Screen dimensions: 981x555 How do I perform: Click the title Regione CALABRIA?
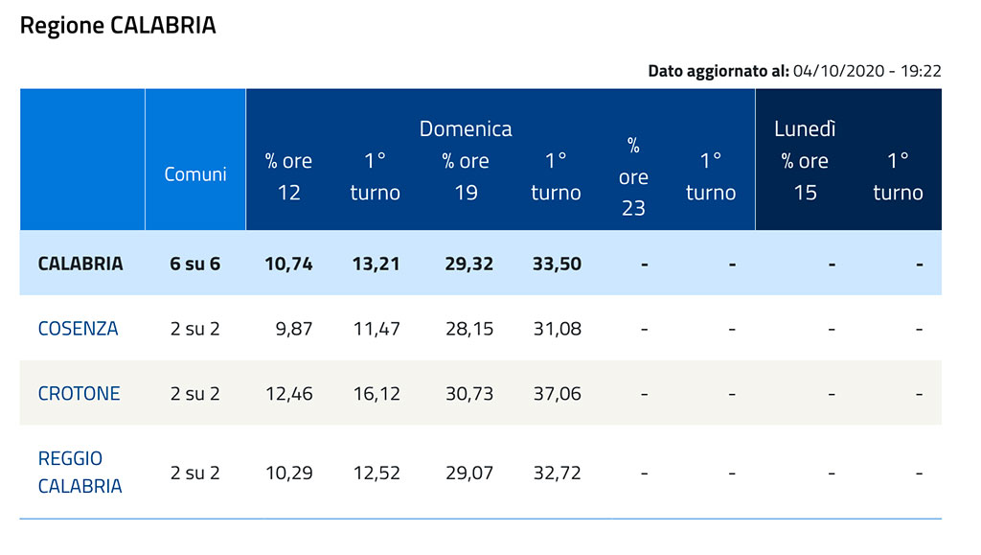click(x=118, y=26)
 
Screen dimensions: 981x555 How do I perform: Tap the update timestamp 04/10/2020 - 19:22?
click(x=866, y=71)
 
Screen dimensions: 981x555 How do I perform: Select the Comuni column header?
click(x=195, y=173)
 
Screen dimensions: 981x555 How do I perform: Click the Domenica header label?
click(x=466, y=128)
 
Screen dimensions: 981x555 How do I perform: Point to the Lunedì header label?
click(x=805, y=128)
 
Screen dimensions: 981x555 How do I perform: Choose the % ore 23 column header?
click(x=633, y=176)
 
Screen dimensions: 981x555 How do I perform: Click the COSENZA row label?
click(x=79, y=329)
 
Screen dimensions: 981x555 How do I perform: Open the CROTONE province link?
click(x=79, y=394)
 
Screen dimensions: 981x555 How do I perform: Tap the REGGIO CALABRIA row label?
click(x=80, y=472)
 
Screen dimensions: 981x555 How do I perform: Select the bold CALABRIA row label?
click(x=80, y=264)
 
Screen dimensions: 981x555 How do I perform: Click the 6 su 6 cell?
click(x=195, y=264)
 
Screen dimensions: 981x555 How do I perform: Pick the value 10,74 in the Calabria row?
click(x=288, y=264)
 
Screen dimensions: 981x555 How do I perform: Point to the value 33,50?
click(x=557, y=264)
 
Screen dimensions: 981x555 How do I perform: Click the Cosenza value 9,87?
click(x=294, y=329)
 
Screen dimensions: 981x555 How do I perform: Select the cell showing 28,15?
click(x=469, y=329)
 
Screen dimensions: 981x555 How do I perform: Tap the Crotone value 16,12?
click(x=376, y=394)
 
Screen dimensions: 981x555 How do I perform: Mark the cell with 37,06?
click(x=557, y=394)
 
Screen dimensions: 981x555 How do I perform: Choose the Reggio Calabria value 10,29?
click(x=289, y=473)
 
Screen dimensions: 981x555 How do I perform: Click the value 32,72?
click(x=557, y=473)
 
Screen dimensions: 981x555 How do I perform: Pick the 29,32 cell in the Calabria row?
click(x=469, y=264)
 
